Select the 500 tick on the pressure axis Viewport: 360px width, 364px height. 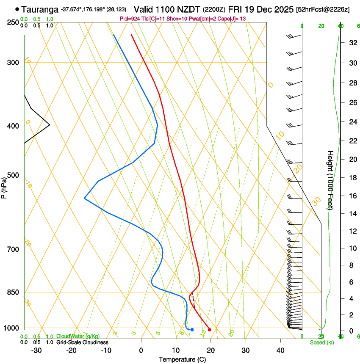pos(13,175)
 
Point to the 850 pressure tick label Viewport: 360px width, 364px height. pos(13,292)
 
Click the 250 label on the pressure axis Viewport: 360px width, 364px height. pos(13,22)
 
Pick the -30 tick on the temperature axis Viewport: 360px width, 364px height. pos(36,350)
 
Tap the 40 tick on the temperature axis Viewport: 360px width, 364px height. pos(280,350)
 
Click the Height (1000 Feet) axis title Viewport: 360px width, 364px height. pos(330,180)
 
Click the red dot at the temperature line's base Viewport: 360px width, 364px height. pos(210,330)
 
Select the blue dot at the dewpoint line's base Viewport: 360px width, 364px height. pos(192,330)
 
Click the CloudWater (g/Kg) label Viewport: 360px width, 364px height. pos(78,336)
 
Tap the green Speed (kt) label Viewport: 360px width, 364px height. pos(322,342)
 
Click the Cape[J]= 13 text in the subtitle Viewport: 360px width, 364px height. pos(232,19)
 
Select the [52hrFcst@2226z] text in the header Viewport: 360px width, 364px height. pos(323,9)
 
